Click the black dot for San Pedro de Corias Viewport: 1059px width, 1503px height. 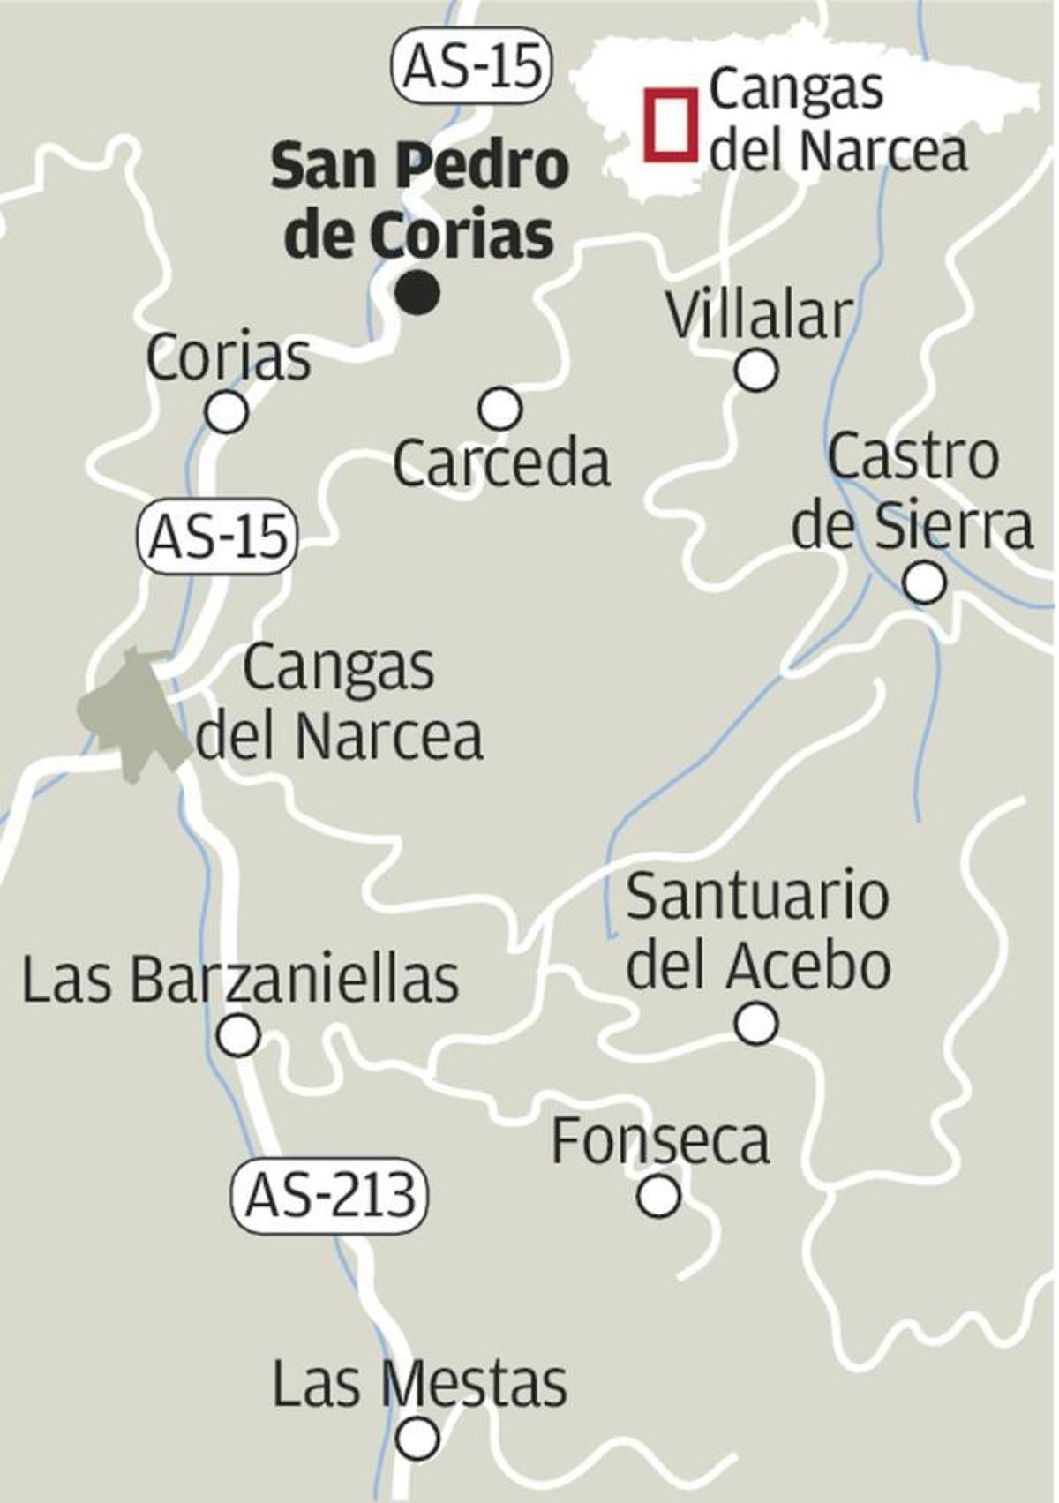(x=417, y=292)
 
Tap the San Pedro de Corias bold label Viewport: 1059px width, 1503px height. (x=420, y=200)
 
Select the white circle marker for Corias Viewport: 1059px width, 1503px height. (x=227, y=411)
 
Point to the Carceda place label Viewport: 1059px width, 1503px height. (x=501, y=463)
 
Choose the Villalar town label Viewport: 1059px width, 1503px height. (x=760, y=315)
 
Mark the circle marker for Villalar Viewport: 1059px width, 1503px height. (x=756, y=370)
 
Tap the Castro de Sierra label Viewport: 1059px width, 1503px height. (x=913, y=491)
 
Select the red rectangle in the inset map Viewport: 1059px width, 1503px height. (x=669, y=124)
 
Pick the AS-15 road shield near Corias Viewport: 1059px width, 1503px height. (x=217, y=537)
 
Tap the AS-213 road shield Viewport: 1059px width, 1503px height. (x=328, y=1196)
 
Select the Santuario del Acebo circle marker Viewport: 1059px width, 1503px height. (x=756, y=1024)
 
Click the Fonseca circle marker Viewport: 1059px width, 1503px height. (x=659, y=1196)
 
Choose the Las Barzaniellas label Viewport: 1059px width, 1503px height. (x=240, y=979)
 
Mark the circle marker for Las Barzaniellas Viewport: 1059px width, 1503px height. (x=238, y=1034)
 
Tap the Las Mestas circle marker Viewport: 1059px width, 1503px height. (x=417, y=1439)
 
